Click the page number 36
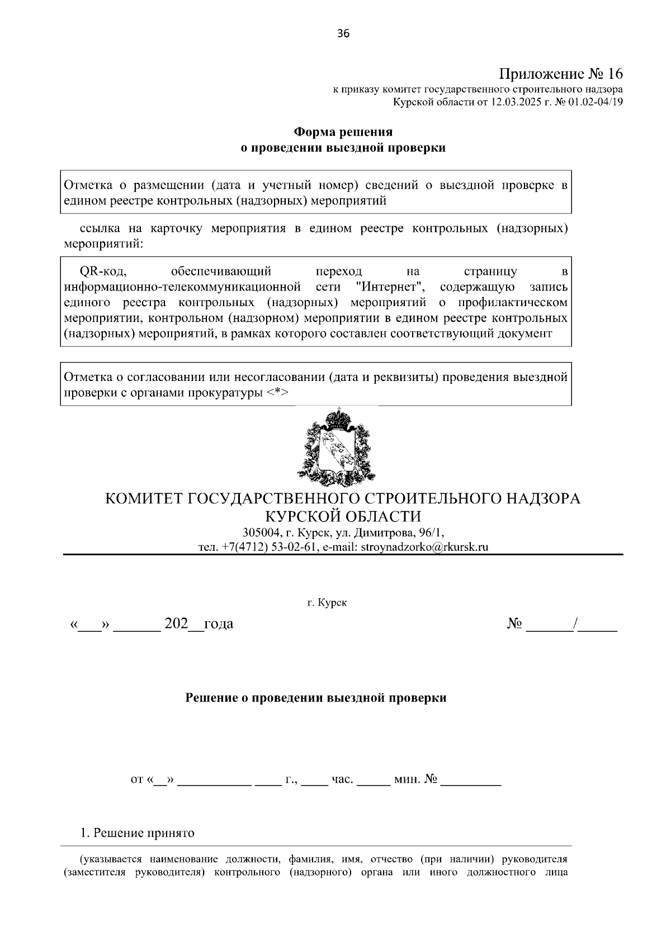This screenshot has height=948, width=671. [343, 34]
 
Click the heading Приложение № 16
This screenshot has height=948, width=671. [561, 74]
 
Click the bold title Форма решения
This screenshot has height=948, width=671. [343, 132]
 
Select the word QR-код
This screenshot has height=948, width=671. [104, 272]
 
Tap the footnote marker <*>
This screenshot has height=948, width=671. [277, 393]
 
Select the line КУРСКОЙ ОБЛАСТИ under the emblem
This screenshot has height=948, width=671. [343, 516]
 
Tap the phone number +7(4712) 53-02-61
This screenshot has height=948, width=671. [270, 547]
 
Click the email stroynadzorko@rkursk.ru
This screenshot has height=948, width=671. [424, 547]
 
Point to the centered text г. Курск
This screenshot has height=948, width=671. [327, 603]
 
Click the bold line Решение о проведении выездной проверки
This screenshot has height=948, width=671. [316, 698]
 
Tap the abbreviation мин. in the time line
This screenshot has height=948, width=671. [407, 779]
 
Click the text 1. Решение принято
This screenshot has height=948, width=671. [138, 833]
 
